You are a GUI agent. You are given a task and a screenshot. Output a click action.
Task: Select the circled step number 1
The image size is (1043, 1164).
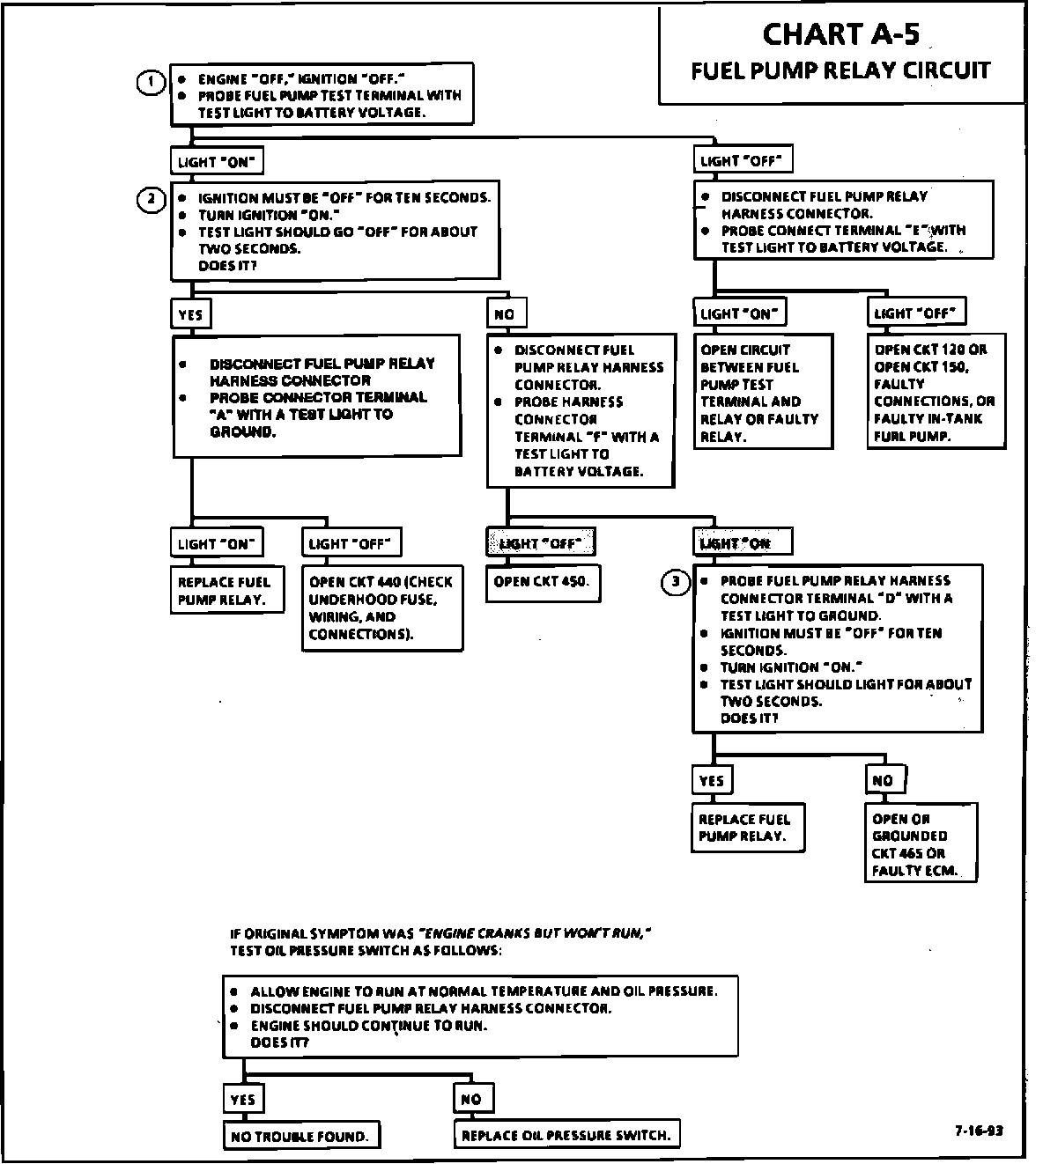tap(151, 83)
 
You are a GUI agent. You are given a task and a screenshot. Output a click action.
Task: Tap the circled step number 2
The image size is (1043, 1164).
tap(151, 200)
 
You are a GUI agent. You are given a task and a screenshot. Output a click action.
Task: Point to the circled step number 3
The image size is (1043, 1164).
tap(676, 581)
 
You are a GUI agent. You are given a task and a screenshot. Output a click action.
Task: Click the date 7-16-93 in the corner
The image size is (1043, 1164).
tap(977, 1131)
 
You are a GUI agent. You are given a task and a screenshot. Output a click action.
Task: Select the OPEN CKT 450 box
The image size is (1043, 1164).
tap(542, 582)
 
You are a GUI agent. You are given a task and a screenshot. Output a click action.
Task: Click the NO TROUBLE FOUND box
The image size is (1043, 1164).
tap(300, 1136)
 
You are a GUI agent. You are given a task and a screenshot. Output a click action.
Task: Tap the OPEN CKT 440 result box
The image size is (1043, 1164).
tap(382, 608)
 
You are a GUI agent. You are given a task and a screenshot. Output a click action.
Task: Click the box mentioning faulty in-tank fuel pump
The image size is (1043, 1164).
tap(935, 393)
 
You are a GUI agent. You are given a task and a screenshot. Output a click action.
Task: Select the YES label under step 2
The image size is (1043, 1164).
tap(190, 314)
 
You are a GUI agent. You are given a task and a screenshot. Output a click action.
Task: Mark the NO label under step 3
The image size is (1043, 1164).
tap(884, 780)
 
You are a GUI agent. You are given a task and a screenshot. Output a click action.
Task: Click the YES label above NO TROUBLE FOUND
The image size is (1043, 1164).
tap(242, 1100)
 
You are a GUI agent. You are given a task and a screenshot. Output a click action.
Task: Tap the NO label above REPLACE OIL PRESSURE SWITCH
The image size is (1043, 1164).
tap(471, 1099)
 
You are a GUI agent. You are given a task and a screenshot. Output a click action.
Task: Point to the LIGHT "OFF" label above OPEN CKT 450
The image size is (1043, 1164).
tap(540, 543)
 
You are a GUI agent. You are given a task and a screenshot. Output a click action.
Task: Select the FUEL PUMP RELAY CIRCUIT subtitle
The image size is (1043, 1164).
tap(840, 70)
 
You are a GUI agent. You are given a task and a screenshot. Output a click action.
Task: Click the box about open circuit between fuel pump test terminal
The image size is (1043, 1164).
tap(763, 393)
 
